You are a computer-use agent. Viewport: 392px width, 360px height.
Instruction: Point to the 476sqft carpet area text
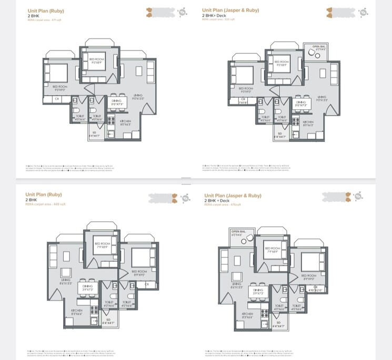coord(219,204)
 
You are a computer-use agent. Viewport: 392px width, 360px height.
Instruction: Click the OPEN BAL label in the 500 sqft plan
coord(319,48)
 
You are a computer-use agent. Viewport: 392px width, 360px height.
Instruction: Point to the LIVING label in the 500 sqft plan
coord(321,98)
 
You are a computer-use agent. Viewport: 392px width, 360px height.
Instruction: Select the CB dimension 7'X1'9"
coord(243,100)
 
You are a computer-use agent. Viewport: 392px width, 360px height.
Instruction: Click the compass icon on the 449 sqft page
coord(185,198)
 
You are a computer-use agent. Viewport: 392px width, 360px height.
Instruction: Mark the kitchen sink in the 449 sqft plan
coord(95,319)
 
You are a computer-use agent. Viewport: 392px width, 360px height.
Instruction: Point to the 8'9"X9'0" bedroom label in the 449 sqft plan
coord(139,273)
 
